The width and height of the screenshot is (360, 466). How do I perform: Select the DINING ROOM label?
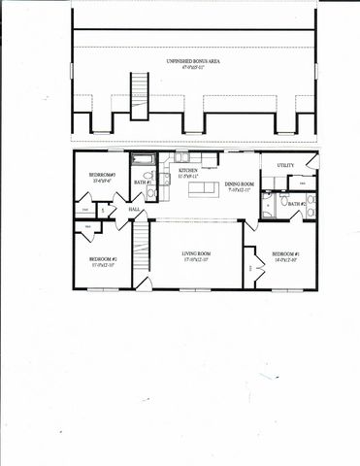click(x=240, y=184)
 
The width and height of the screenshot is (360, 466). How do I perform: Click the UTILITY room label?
click(x=285, y=166)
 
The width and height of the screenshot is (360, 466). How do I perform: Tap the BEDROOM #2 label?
click(x=103, y=259)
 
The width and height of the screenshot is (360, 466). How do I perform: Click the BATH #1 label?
click(x=140, y=183)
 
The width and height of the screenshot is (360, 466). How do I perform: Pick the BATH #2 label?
click(x=296, y=203)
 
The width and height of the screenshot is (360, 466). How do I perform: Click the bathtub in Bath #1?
click(x=142, y=159)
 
